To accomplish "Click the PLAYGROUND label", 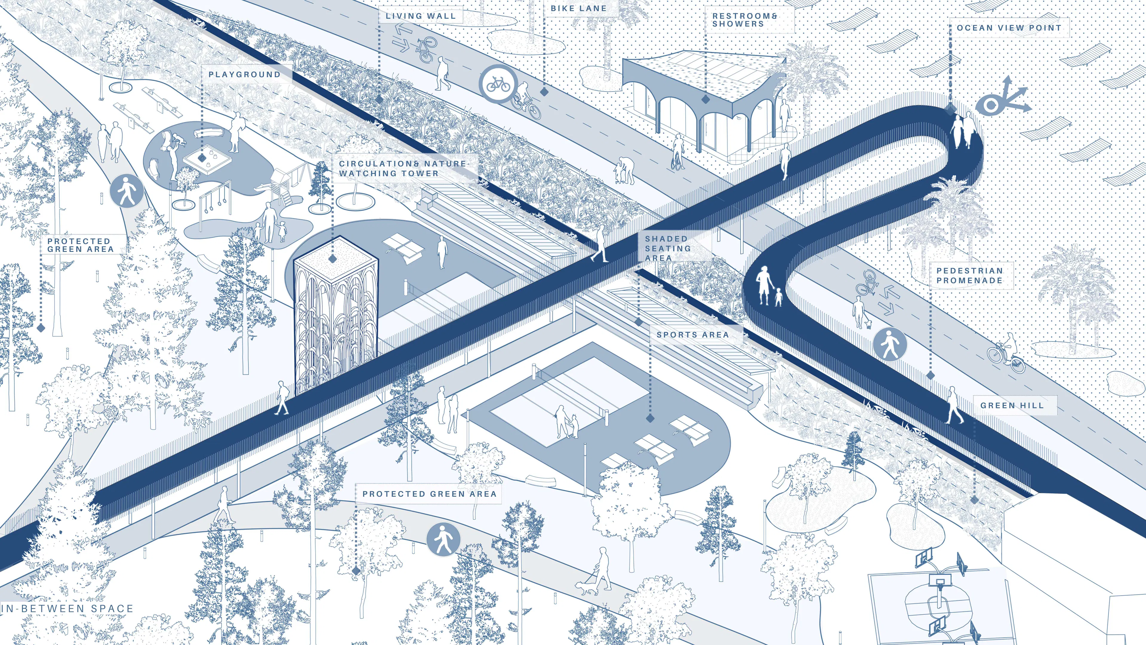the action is [x=244, y=74].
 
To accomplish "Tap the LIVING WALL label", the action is [x=420, y=16].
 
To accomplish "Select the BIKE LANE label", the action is [x=578, y=8].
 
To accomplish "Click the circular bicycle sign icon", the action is [x=498, y=83].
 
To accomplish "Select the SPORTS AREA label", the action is [x=693, y=335].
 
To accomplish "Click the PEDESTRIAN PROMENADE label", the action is [x=969, y=276].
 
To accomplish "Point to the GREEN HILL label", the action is [x=1012, y=406].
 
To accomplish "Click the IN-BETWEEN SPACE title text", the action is [x=67, y=609].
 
